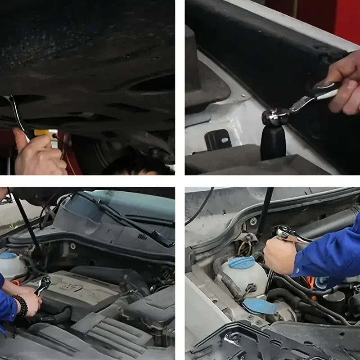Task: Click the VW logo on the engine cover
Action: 71,287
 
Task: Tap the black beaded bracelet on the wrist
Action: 21,306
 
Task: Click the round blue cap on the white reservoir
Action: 242,263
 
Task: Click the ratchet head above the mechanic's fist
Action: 287,233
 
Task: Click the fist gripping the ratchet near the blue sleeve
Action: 279,254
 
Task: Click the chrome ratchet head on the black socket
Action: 274,117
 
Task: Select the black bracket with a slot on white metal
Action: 218,140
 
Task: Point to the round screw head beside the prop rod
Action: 253,221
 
